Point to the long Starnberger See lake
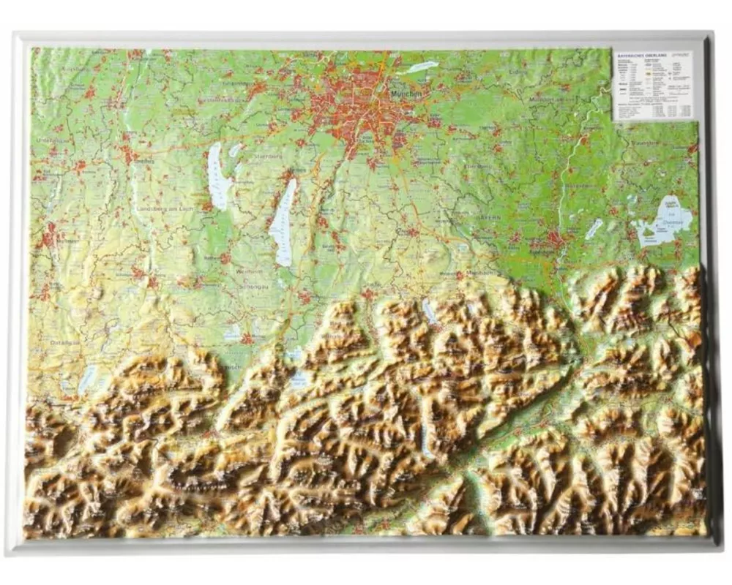click(283, 223)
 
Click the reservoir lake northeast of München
click(422, 67)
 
